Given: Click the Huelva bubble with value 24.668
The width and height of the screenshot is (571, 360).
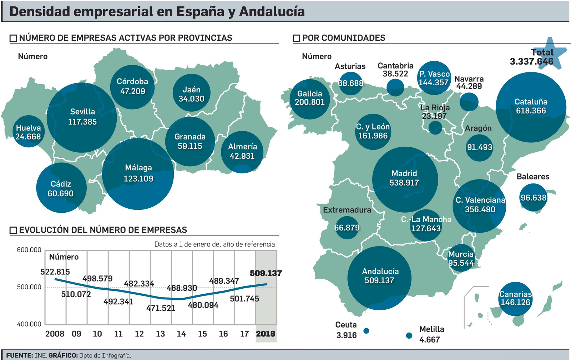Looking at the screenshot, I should [x=29, y=132].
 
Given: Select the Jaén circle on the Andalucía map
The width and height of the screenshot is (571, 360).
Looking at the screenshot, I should [x=191, y=93].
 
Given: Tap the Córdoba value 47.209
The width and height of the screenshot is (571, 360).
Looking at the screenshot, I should [x=133, y=91].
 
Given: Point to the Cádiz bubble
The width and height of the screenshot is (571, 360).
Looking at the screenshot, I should [x=61, y=188].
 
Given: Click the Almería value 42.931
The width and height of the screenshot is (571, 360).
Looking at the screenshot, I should [x=242, y=156].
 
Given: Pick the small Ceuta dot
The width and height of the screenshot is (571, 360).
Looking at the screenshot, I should [x=366, y=331].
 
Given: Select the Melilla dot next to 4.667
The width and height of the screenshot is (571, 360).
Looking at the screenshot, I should [x=409, y=335].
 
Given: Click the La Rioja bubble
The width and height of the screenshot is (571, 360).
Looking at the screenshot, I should [x=435, y=127].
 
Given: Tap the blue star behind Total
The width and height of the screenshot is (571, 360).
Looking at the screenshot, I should [x=551, y=54].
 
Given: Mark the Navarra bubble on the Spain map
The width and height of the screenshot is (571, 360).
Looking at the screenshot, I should [x=469, y=102].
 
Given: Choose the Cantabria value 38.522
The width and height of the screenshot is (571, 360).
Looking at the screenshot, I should [x=395, y=74].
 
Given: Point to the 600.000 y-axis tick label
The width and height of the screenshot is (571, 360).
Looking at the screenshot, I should [x=29, y=250].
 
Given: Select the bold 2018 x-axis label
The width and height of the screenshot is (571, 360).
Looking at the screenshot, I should [x=266, y=334].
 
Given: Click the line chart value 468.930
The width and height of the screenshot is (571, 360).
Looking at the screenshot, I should [x=182, y=288].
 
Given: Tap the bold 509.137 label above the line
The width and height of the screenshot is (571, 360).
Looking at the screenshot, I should [x=266, y=273].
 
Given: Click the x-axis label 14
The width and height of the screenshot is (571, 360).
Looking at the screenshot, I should [x=181, y=334].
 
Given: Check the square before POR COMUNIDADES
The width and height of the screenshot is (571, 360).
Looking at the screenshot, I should [x=297, y=38].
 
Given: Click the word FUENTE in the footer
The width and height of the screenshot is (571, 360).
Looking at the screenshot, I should [x=19, y=355].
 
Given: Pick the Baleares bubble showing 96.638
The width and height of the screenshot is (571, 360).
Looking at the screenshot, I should [x=533, y=197].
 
